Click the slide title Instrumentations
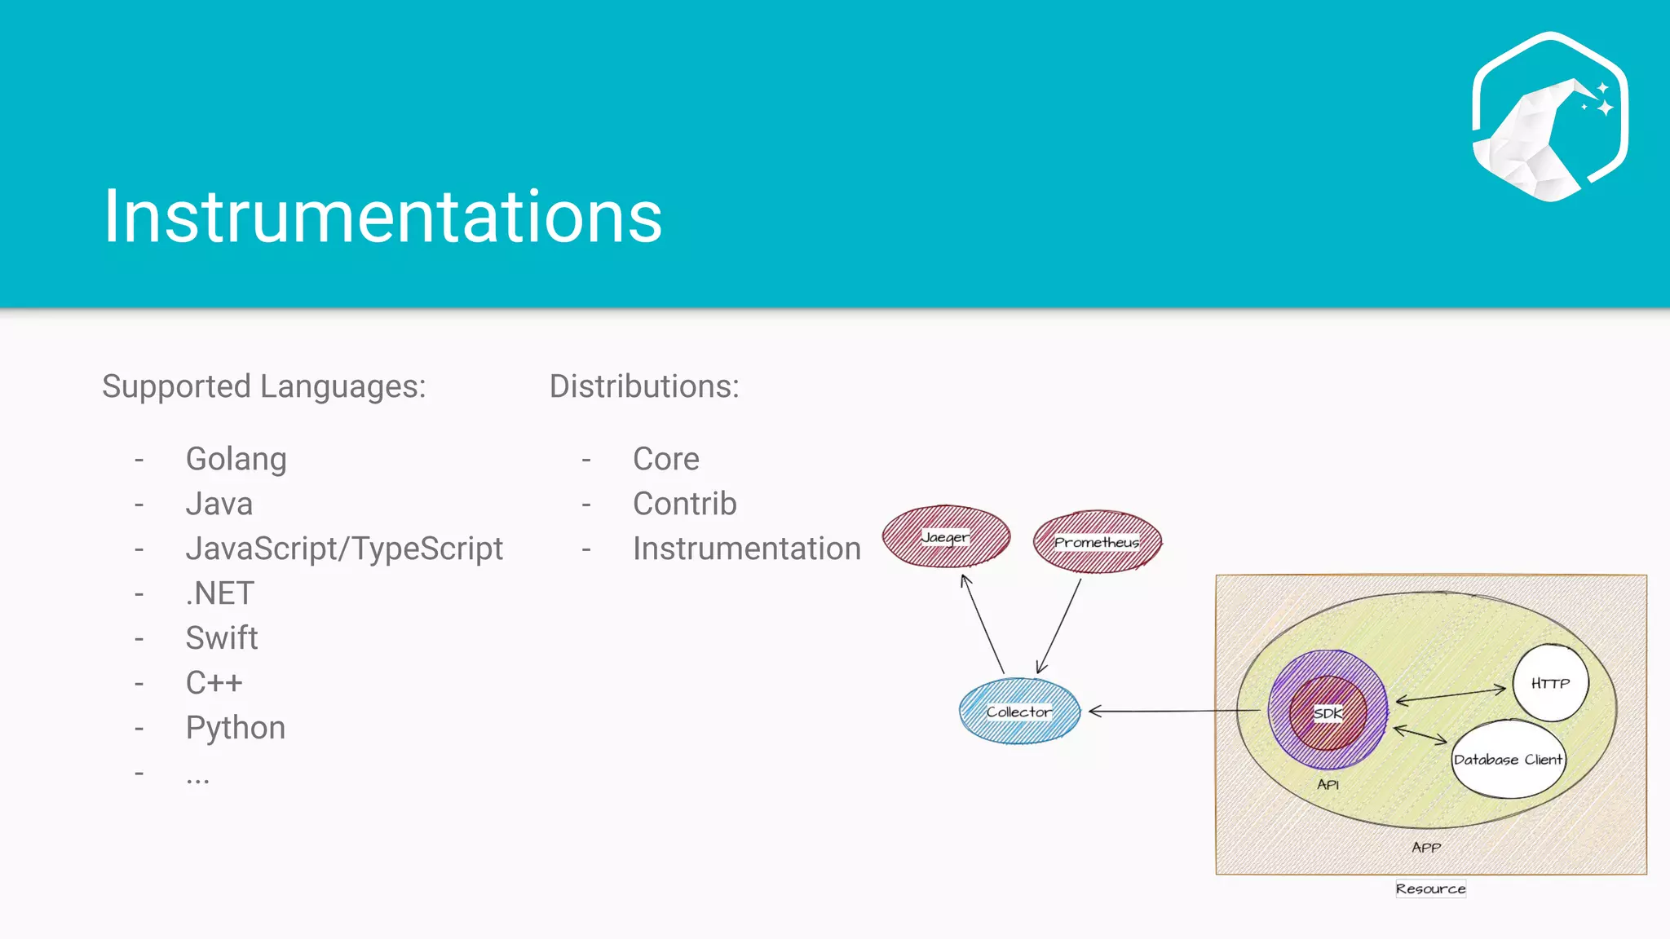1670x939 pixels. pos(382,216)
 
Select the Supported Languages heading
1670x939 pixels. pos(263,386)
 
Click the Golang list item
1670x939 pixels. pos(236,459)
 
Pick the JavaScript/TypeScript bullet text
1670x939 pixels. pos(344,549)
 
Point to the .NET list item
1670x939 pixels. pos(220,593)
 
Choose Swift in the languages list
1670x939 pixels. pos(221,638)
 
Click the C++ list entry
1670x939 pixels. pos(214,683)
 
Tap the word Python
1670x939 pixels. pos(236,728)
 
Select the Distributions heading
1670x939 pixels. pos(644,386)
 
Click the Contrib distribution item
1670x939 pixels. pos(684,504)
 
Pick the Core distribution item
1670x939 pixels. pos(665,459)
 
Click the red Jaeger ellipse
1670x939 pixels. pos(946,537)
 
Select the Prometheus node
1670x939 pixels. pos(1097,542)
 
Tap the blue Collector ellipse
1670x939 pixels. pos(1019,712)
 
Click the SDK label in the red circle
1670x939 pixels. pos(1328,713)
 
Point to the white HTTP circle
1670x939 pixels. pos(1550,683)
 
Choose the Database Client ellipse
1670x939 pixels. pos(1508,759)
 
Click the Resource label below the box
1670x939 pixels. pos(1430,888)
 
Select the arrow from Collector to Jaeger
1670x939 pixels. pos(983,624)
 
